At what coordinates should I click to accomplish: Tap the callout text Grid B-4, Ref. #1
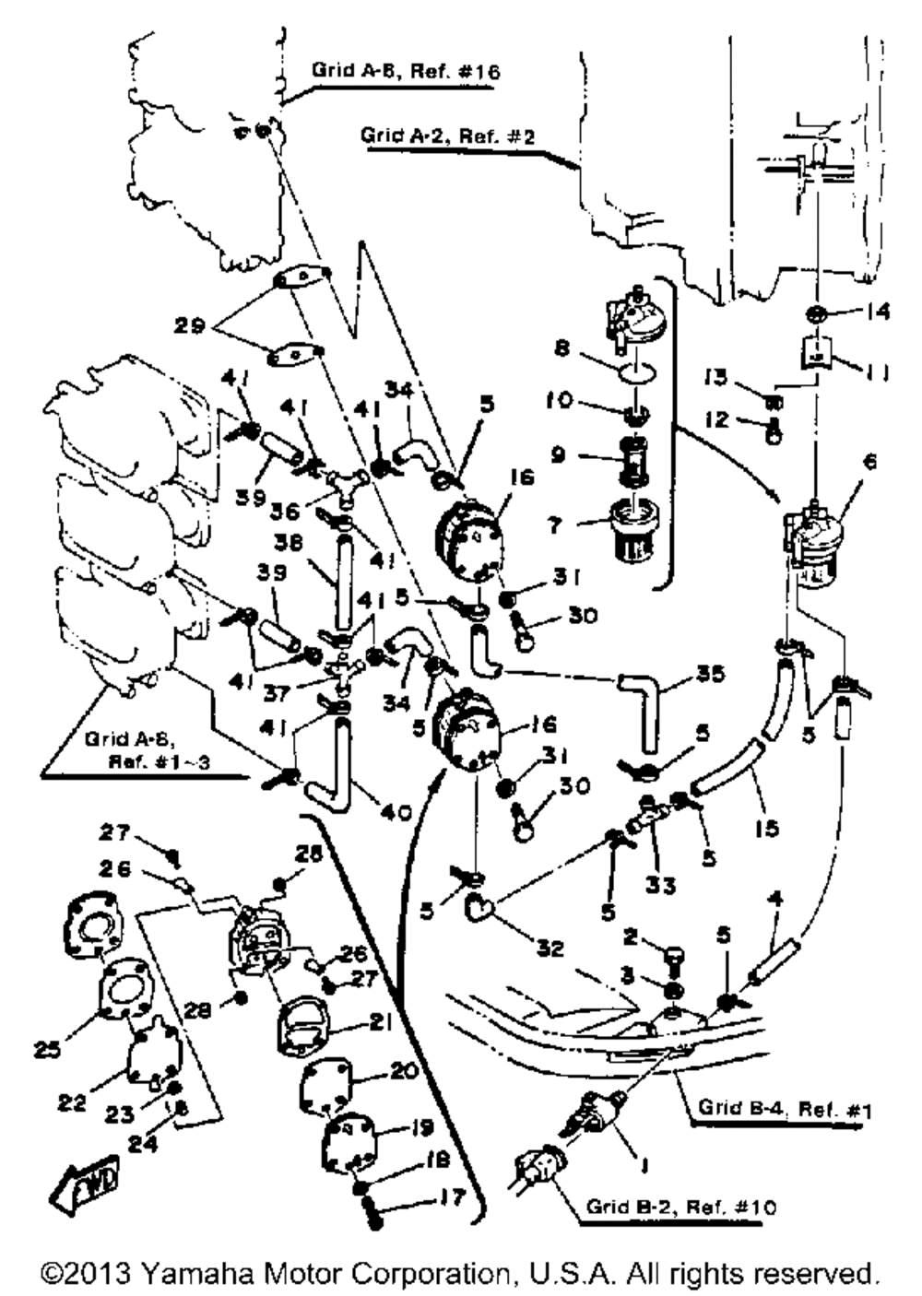784,1110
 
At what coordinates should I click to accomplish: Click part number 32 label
550,948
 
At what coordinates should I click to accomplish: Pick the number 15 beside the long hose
765,827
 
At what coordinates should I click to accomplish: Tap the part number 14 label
879,312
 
